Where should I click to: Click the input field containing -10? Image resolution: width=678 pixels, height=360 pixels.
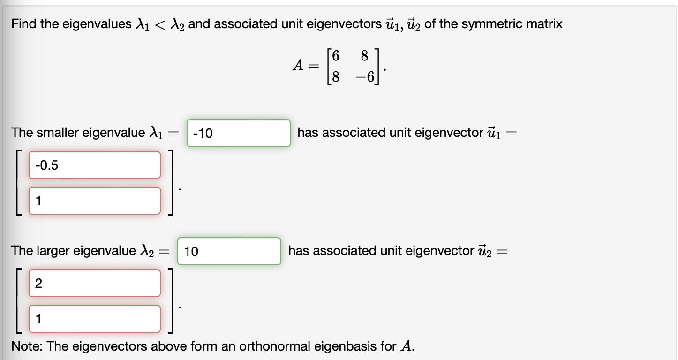(x=238, y=134)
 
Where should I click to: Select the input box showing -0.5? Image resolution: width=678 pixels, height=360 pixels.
(x=94, y=165)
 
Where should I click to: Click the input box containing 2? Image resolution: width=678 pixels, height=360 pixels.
(x=94, y=283)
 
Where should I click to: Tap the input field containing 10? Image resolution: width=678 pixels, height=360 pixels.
(x=229, y=252)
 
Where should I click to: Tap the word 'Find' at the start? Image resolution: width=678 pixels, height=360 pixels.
(x=24, y=24)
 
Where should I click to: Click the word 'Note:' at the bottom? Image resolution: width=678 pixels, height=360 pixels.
(x=27, y=346)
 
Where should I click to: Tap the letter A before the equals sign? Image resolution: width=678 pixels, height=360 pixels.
(x=298, y=67)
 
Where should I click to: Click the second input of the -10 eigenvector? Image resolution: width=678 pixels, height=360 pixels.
(x=94, y=201)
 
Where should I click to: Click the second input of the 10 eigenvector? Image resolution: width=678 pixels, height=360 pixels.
(x=94, y=319)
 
